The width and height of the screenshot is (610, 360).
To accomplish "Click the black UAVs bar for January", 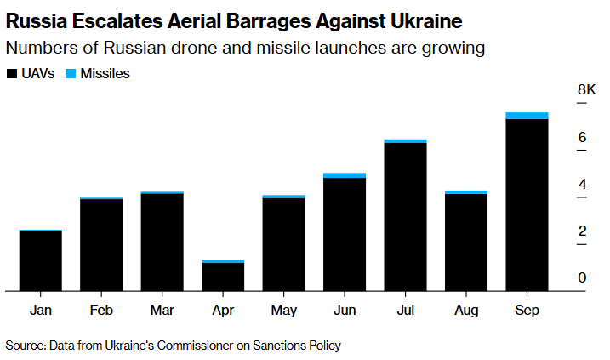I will click(40, 261).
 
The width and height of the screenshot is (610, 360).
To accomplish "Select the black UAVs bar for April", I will click(223, 277).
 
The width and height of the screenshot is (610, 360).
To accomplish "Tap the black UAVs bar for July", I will click(405, 217).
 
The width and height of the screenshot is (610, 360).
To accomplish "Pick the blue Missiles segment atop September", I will click(527, 116).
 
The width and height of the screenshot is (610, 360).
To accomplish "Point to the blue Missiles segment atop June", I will click(345, 175).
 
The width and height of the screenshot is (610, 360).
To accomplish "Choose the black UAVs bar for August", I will click(466, 243).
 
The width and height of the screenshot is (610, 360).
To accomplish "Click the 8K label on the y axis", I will click(586, 89).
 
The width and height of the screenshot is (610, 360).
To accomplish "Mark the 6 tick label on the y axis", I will click(583, 137).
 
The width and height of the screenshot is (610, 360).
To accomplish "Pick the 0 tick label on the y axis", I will click(583, 277).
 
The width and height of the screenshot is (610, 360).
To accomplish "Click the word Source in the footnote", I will click(25, 346).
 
